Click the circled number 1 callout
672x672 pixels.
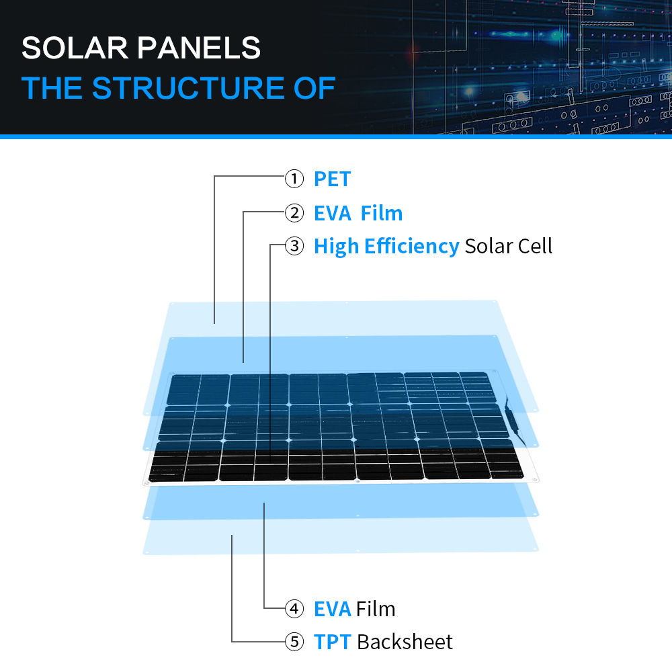(x=294, y=179)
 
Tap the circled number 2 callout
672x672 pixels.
(x=294, y=213)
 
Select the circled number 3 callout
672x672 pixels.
(x=294, y=246)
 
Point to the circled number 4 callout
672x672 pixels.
(x=294, y=609)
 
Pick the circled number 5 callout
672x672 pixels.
(x=294, y=642)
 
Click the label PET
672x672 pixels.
(x=332, y=179)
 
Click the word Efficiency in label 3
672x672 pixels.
(x=412, y=247)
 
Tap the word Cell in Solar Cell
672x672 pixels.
(x=535, y=246)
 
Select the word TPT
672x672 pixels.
(x=333, y=642)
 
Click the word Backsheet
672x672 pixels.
(x=405, y=642)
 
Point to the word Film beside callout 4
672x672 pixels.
(x=376, y=609)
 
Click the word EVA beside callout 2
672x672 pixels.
(x=333, y=214)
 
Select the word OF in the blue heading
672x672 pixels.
(x=314, y=88)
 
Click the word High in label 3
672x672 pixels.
(x=337, y=247)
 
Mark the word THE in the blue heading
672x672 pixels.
(x=52, y=88)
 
